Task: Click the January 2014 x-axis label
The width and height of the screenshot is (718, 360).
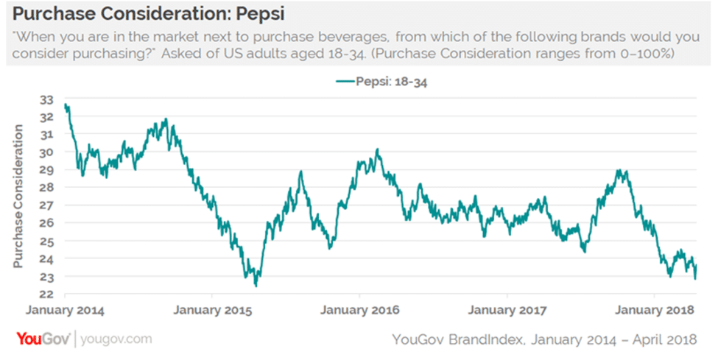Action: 66,310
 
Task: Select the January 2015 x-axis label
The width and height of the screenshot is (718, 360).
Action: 212,310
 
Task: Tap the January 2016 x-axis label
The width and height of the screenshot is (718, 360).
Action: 360,310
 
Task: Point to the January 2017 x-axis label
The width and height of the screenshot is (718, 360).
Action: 508,310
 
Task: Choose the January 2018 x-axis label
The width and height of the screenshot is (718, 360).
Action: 655,310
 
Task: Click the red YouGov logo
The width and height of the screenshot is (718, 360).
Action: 43,339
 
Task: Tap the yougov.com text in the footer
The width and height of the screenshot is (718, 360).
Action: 116,339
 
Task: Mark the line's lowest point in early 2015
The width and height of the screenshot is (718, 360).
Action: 256,286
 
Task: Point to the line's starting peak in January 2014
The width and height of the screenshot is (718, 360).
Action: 66,105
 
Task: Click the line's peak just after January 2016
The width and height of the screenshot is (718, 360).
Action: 377,150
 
